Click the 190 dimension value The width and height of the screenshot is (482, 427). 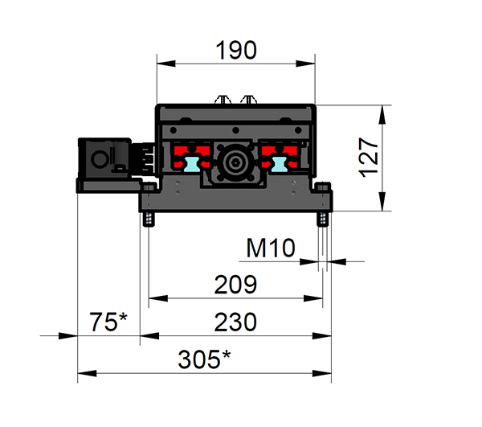coord(235,50)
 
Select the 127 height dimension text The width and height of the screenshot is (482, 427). coord(367,157)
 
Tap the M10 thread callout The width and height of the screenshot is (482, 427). coord(271,248)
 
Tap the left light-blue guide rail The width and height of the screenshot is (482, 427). coord(193,164)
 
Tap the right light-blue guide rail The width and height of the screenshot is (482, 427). coord(280,164)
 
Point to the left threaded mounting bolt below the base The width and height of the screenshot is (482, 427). coord(148,219)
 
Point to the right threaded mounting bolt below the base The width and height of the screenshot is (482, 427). coord(323,219)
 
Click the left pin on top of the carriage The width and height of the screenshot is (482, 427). coord(223,101)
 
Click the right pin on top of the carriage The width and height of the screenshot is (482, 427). coord(250,101)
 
